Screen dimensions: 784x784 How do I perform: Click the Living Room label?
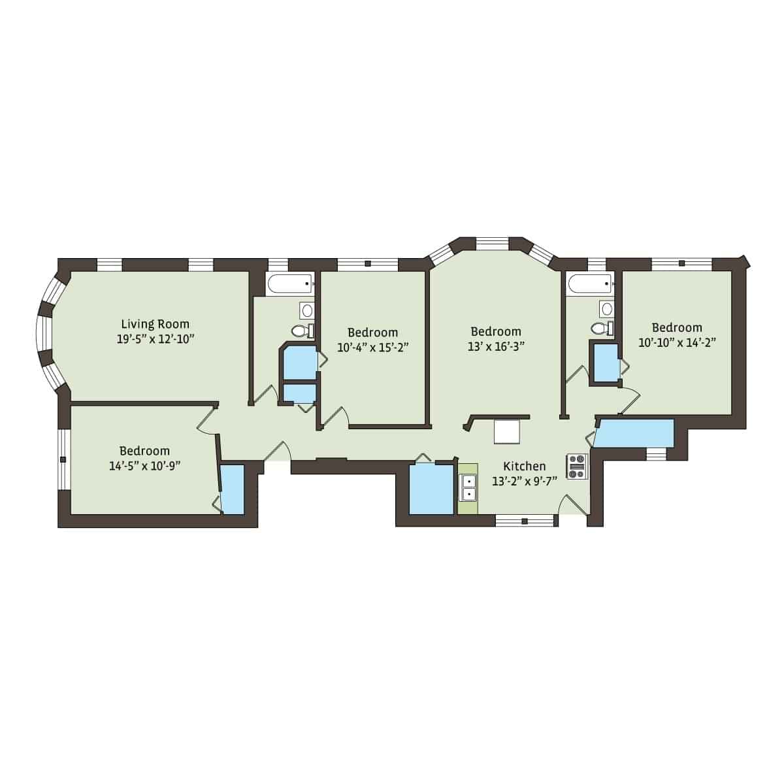pyautogui.click(x=155, y=323)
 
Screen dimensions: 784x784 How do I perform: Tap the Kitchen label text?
pyautogui.click(x=524, y=466)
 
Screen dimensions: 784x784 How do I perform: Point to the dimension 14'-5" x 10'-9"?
pyautogui.click(x=144, y=465)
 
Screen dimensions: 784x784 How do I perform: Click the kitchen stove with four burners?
pyautogui.click(x=577, y=466)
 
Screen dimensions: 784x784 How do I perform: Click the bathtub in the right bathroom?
pyautogui.click(x=589, y=284)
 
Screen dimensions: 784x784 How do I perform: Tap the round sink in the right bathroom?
pyautogui.click(x=607, y=308)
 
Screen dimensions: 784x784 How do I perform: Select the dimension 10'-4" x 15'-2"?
pyautogui.click(x=372, y=347)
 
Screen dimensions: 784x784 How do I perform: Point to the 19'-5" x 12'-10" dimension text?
pyautogui.click(x=155, y=338)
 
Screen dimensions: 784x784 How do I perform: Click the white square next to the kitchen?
pyautogui.click(x=507, y=432)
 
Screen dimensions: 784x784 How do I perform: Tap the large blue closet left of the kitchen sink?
pyautogui.click(x=431, y=489)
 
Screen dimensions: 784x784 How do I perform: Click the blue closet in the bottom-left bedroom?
pyautogui.click(x=232, y=489)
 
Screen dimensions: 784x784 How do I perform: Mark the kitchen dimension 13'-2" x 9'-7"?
pyautogui.click(x=524, y=481)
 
